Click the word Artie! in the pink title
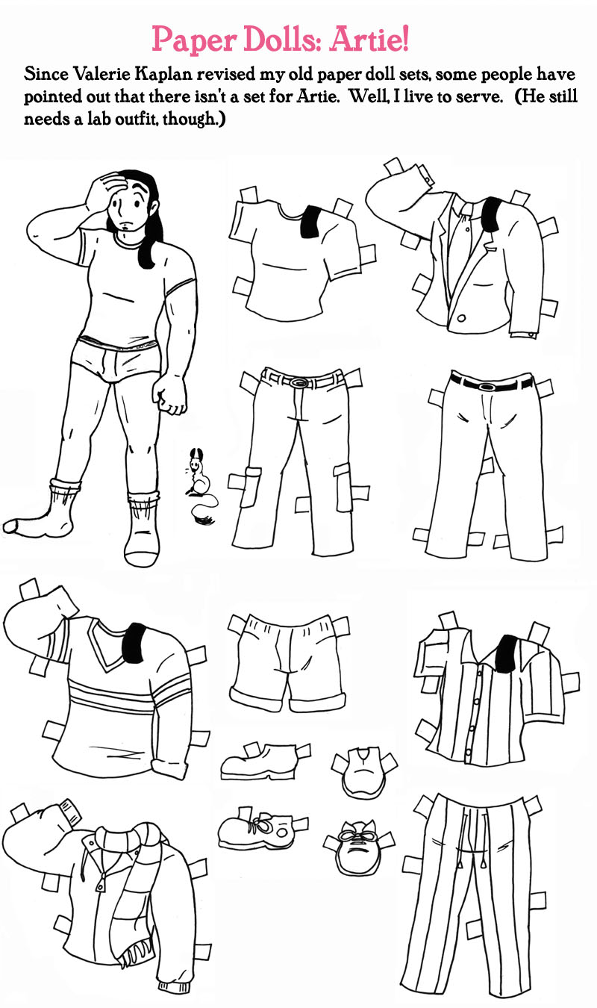coord(369,39)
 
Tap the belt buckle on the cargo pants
coord(298,382)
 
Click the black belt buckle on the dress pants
coord(487,386)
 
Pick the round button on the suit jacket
coord(461,318)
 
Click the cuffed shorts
coord(288,662)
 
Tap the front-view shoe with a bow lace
coord(357,848)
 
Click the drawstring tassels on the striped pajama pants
coord(472,863)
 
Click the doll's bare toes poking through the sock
coord(10,525)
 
